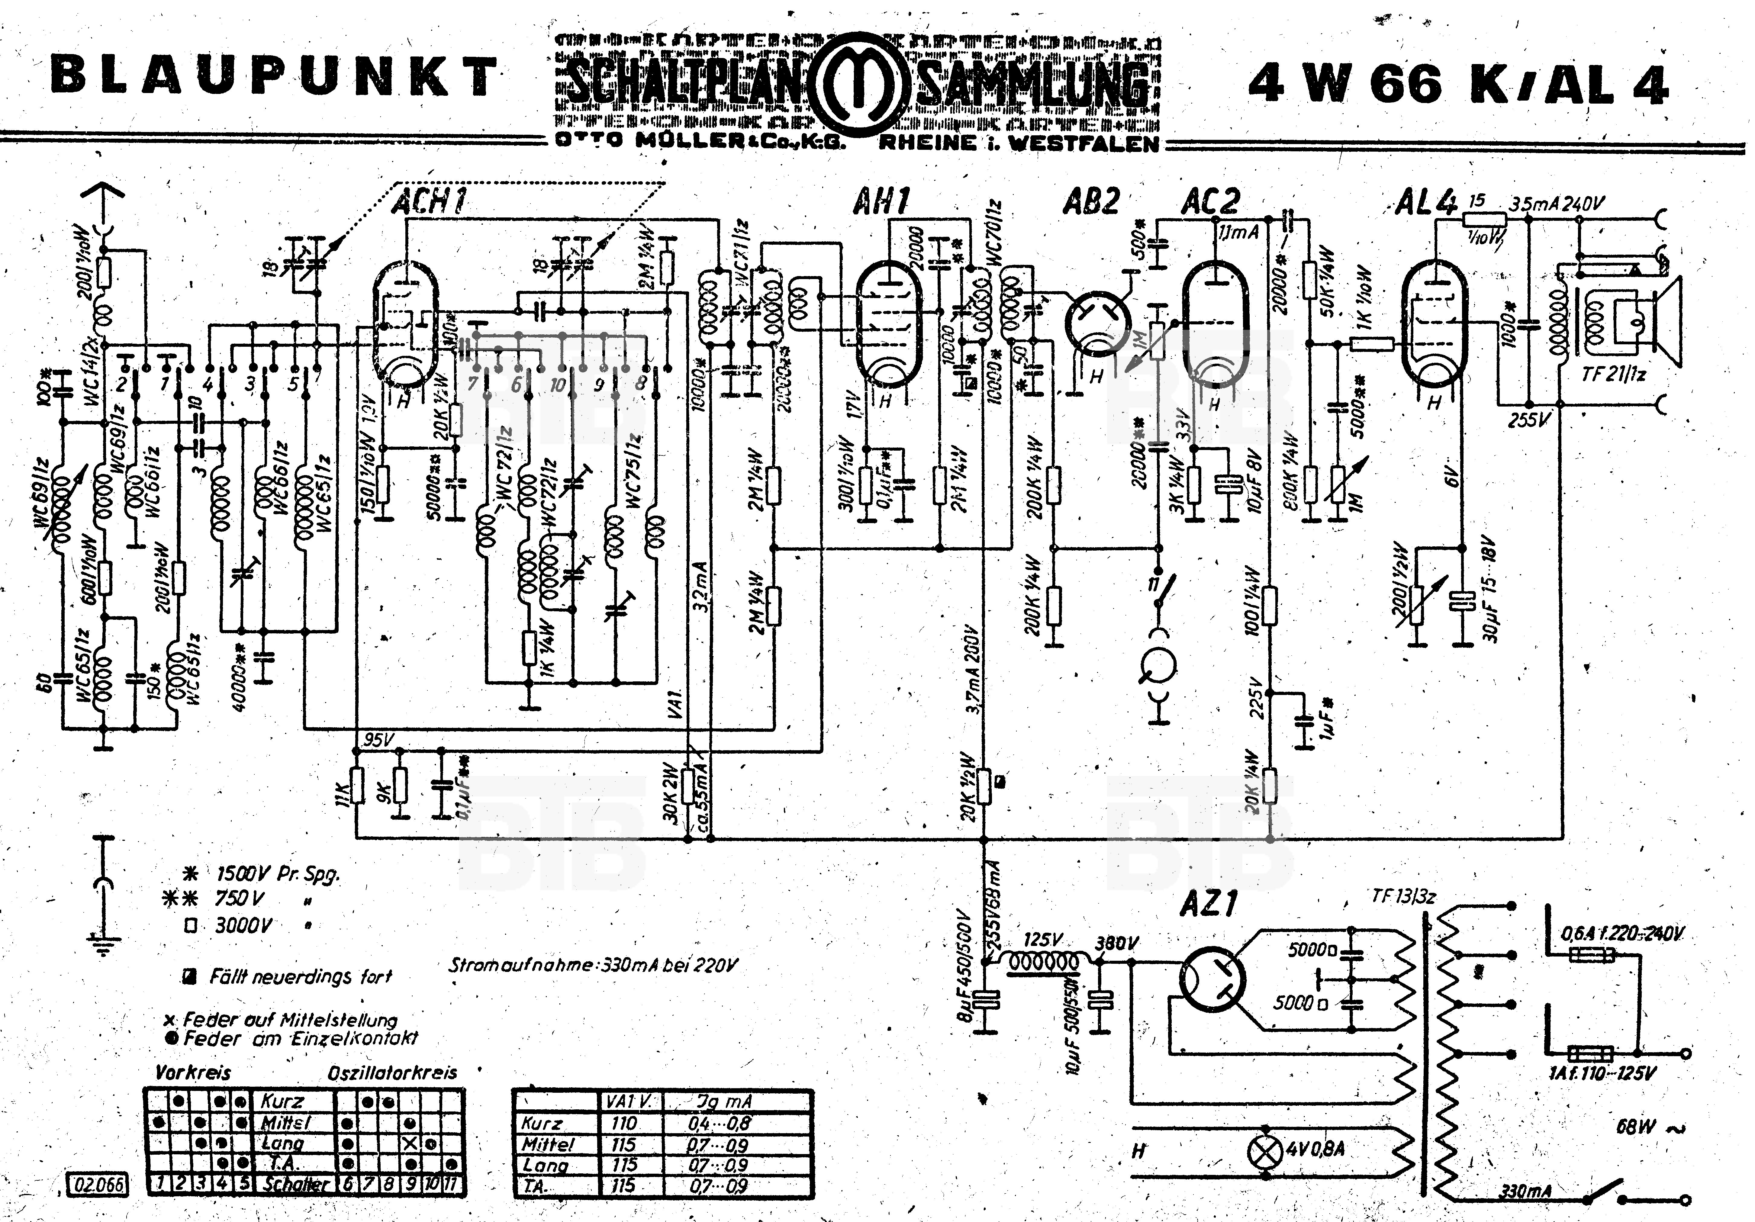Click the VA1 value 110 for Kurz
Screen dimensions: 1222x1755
624,1124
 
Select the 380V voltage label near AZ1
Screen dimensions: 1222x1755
1116,943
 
